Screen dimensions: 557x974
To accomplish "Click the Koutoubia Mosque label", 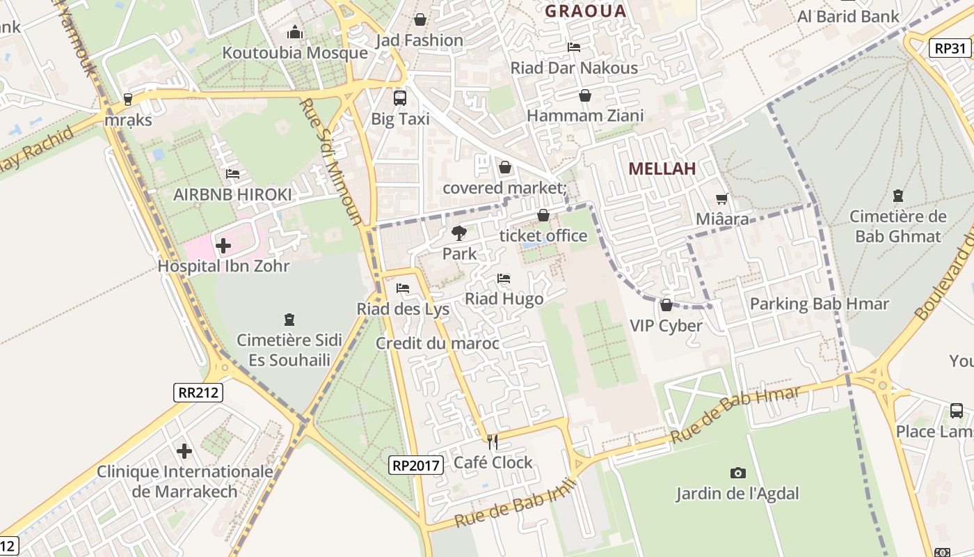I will coord(295,53).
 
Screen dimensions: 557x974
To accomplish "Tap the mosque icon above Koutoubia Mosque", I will coord(295,32).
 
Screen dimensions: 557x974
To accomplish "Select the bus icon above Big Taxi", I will coord(400,97).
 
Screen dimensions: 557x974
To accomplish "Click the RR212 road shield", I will coord(198,393).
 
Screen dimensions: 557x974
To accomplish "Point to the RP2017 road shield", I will coord(415,464).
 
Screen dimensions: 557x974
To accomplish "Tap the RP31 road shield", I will coord(950,48).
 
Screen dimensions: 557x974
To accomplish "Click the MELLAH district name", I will coord(662,168).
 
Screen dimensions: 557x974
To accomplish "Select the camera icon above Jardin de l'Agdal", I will coord(738,473).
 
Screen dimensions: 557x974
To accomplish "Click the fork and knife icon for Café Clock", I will coord(493,441).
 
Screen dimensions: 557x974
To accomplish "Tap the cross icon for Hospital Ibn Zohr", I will coord(223,246).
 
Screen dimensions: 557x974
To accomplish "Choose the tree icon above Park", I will coord(458,233).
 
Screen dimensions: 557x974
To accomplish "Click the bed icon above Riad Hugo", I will coord(504,278).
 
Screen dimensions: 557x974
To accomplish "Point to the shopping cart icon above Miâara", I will coord(722,199).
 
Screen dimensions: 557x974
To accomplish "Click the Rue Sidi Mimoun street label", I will coord(332,162).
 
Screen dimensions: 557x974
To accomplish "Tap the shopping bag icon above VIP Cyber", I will coord(666,305).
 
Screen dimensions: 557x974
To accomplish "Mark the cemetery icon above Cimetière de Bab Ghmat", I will coord(897,196).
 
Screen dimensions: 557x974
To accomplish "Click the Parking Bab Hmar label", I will coord(819,304).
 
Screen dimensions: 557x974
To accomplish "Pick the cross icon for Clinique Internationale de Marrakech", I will coord(184,451).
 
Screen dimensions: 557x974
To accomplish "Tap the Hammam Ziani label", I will coord(585,116).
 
